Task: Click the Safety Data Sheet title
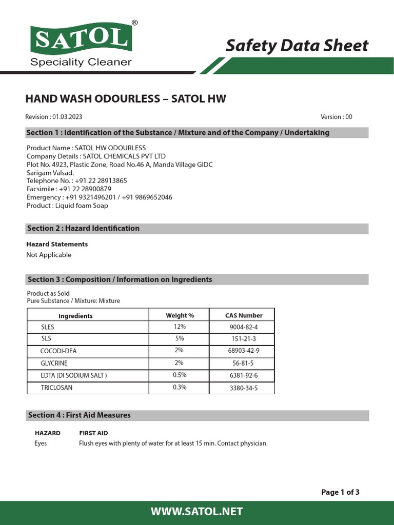pos(297,46)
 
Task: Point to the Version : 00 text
pos(336,117)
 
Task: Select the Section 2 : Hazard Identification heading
pos(83,229)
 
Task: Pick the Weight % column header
pos(180,315)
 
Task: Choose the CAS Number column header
pos(244,315)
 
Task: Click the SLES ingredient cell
pos(48,327)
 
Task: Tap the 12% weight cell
pos(180,327)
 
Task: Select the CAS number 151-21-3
pos(244,339)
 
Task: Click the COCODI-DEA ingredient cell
pos(58,351)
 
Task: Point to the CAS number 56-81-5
pos(244,364)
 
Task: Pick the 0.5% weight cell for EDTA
pos(180,375)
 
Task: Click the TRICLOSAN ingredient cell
pos(56,388)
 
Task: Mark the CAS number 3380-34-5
pos(244,388)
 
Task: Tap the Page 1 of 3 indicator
pos(340,492)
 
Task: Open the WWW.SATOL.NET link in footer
pos(197,512)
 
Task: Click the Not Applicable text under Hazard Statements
pos(49,255)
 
